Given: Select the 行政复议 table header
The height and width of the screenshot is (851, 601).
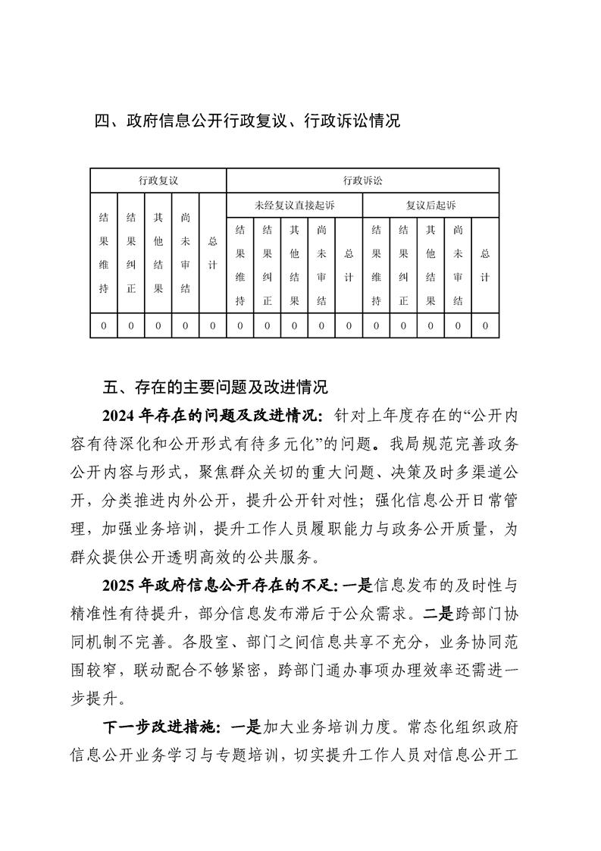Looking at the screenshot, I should (x=158, y=181).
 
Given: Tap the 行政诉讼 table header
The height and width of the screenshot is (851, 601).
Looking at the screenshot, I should (x=362, y=181).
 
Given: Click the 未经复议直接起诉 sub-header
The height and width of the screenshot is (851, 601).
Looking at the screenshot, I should (x=294, y=206).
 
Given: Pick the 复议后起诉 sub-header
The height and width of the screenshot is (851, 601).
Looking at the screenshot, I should (x=430, y=206).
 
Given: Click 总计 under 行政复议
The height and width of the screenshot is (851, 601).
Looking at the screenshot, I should (x=213, y=253).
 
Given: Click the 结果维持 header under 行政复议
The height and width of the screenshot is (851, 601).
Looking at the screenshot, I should (x=104, y=253).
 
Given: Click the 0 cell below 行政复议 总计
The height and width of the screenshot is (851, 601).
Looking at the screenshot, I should (x=213, y=326).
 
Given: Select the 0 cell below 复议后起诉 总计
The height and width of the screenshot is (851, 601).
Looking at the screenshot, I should (x=485, y=326).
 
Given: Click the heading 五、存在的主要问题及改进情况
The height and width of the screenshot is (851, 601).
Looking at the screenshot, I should (x=215, y=388).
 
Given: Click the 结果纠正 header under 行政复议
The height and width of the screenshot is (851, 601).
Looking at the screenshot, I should (x=131, y=253).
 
